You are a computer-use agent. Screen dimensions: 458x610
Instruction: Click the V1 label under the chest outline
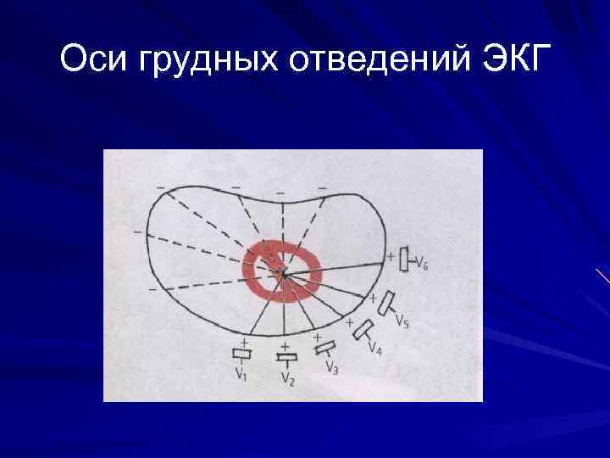click(241, 371)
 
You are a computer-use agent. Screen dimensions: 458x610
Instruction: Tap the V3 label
click(332, 366)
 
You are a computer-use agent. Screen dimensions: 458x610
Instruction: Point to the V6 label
click(421, 265)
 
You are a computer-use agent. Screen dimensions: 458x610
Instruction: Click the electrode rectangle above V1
click(242, 354)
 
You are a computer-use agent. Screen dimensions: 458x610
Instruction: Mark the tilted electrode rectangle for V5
click(386, 304)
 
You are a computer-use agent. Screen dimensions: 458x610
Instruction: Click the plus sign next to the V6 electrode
click(390, 254)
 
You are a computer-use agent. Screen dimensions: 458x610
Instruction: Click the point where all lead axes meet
click(284, 273)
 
